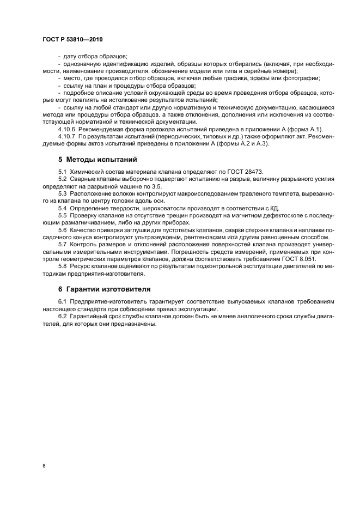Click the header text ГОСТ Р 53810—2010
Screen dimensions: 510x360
click(72, 40)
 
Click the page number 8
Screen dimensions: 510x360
click(44, 466)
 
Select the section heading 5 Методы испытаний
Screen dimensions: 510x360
click(96, 160)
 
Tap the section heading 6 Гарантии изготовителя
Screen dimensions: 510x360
click(105, 289)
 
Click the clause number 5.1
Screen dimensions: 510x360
click(62, 172)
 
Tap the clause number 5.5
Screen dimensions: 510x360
click(62, 215)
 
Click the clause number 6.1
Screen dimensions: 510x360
click(62, 301)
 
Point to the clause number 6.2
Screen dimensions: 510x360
click(62, 316)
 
